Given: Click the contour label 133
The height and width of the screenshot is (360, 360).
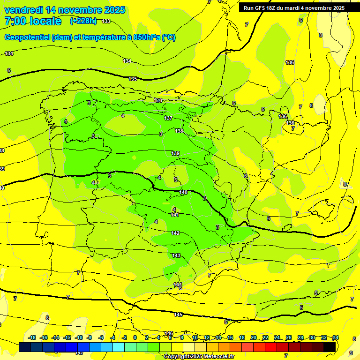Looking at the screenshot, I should click(x=106, y=21).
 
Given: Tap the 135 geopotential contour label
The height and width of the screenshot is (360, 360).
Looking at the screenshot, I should click(x=133, y=79).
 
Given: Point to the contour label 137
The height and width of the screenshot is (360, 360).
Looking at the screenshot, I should click(x=168, y=118).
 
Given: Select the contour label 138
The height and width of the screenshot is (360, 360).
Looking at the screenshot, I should click(x=179, y=131).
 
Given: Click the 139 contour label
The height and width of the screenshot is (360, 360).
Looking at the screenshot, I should click(x=175, y=153).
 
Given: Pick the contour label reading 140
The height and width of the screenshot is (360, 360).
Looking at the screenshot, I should click(x=183, y=192).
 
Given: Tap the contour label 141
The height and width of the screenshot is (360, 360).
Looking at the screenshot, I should click(x=175, y=215).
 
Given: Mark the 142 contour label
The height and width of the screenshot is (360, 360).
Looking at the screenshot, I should click(x=175, y=233).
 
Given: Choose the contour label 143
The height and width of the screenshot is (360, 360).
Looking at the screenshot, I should click(x=176, y=255).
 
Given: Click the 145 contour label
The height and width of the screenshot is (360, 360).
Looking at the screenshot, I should click(x=178, y=314).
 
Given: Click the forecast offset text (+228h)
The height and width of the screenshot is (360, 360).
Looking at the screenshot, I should click(x=83, y=21).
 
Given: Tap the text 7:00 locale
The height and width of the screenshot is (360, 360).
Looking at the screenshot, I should click(x=33, y=21).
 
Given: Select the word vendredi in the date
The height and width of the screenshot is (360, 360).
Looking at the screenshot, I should click(x=24, y=10).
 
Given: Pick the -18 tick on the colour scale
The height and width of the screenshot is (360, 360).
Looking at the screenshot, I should click(x=32, y=337).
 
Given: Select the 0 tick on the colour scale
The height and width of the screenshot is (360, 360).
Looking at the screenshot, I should click(x=135, y=337).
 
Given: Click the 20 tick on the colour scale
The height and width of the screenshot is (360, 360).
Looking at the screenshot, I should click(x=253, y=337).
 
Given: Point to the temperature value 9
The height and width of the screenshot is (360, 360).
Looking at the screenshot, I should click(x=351, y=352).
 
